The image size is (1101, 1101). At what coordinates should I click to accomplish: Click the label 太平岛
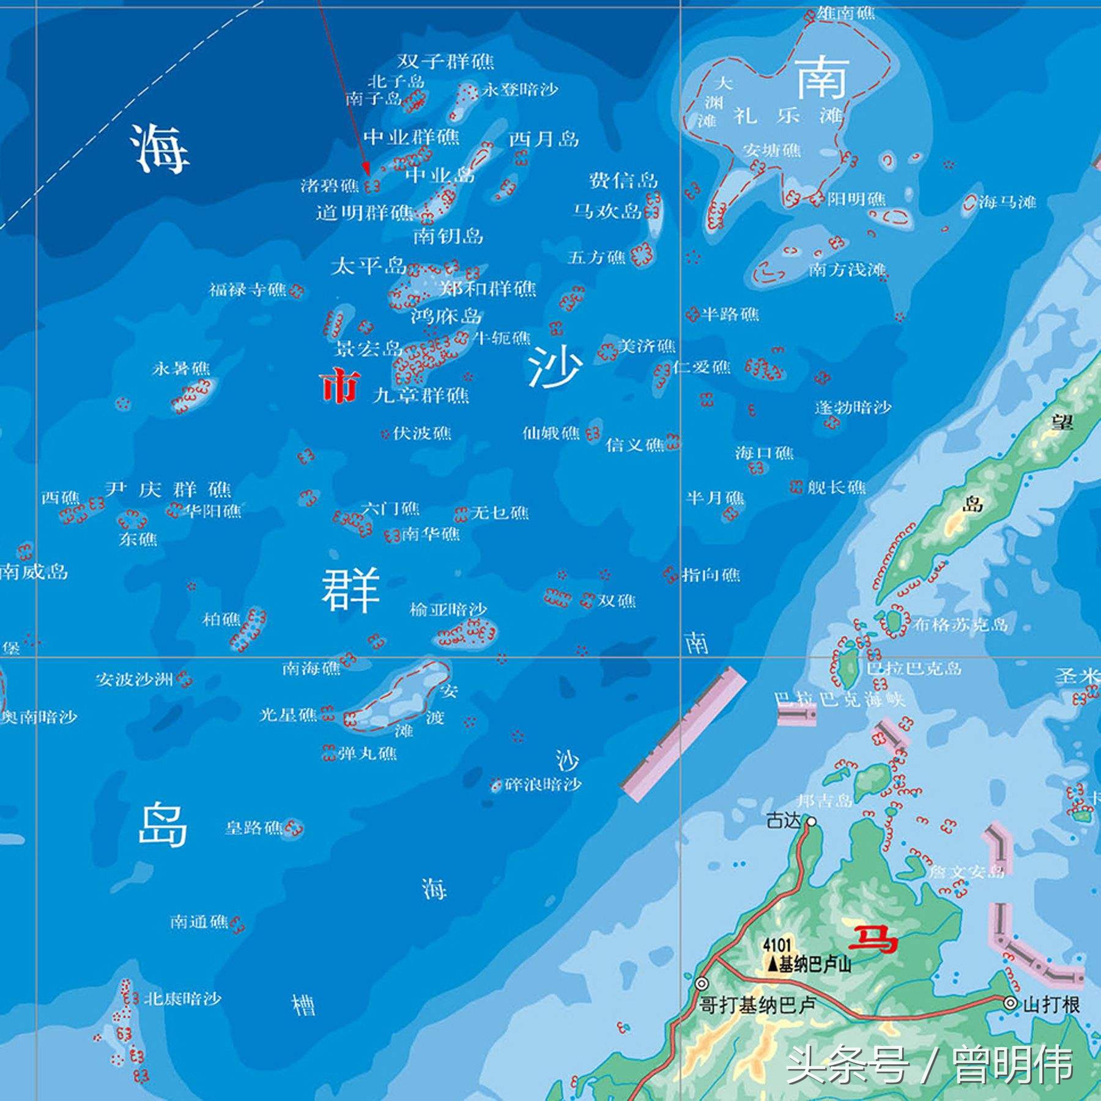[x=369, y=266]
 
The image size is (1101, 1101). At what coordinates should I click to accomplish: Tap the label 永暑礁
[x=181, y=368]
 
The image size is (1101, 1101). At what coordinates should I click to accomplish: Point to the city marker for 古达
[x=812, y=821]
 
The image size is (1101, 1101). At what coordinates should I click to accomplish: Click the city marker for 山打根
[x=1010, y=1003]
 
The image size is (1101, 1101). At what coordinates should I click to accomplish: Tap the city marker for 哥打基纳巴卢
[x=702, y=984]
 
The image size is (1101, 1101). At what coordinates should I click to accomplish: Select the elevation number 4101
[x=777, y=946]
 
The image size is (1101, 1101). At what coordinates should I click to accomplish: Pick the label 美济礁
[x=647, y=347]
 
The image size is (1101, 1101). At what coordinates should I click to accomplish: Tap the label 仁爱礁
[x=702, y=367]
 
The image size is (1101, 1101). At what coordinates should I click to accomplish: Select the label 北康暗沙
[x=182, y=999]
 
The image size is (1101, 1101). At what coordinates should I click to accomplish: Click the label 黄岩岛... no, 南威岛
[x=34, y=572]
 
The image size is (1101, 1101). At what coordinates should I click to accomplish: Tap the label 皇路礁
[x=254, y=828]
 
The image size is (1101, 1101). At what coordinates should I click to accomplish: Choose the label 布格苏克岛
[x=960, y=625]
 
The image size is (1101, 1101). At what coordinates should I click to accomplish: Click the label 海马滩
[x=1007, y=202]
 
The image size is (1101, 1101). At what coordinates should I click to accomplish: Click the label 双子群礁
[x=445, y=61]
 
